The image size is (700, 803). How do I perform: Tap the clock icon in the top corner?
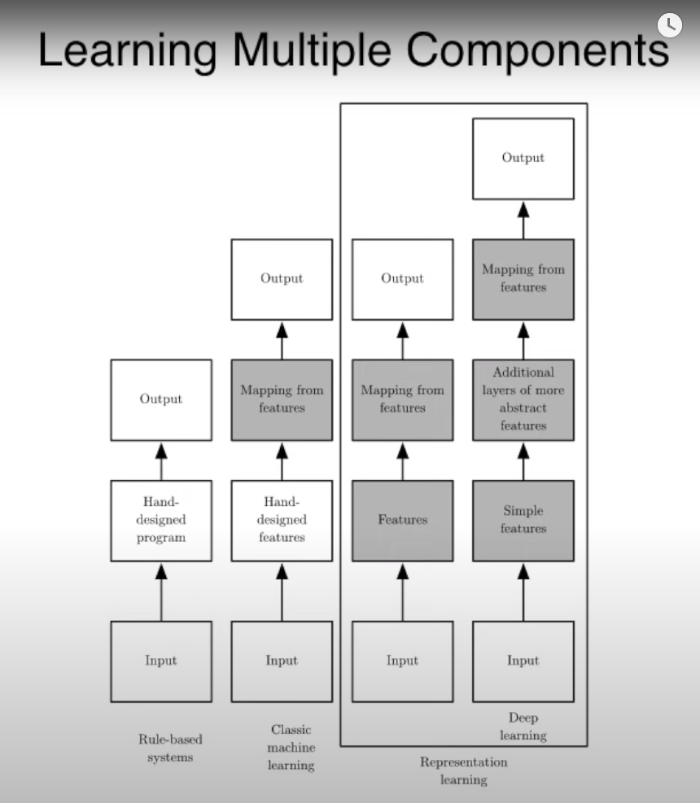669,24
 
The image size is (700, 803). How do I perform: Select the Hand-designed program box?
161,520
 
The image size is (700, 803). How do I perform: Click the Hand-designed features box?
282,520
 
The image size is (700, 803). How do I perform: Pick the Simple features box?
523,520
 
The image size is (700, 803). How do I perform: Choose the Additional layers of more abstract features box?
523,399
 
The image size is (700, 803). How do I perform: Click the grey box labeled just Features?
402,520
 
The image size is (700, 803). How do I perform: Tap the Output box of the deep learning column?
523,159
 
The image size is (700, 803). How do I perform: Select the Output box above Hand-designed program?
161,399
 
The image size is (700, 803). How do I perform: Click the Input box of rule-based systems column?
161,661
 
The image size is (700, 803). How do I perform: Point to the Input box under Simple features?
523,661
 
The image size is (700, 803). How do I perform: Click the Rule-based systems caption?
170,748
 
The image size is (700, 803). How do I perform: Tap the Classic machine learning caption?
291,747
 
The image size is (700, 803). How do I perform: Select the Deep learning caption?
523,727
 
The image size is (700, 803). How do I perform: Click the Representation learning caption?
463,770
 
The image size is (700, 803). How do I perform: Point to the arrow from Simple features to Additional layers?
523,460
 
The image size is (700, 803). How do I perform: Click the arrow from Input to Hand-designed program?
161,591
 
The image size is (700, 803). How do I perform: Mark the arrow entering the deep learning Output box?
523,220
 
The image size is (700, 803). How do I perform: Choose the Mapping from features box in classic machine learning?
282,399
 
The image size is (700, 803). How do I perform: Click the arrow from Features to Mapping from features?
402,460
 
